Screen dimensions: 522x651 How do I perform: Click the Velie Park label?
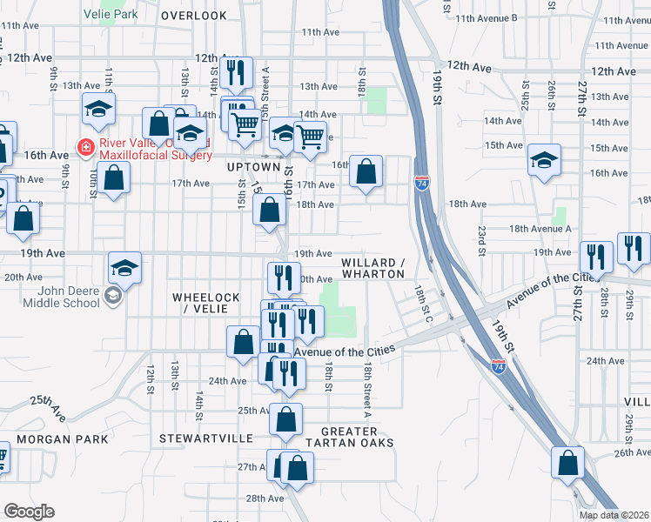(111, 15)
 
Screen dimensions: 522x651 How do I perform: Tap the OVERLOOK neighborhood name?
(194, 16)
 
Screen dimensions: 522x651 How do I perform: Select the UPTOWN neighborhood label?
(254, 166)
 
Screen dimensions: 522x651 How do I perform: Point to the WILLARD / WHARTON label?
(372, 268)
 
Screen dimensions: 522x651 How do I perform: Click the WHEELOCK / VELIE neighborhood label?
(205, 303)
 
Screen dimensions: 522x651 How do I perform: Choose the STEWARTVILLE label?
(205, 439)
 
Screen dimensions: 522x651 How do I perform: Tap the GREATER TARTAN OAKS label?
(357, 437)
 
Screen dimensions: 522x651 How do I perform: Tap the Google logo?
(29, 512)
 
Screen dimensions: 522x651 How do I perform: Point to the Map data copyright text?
(614, 515)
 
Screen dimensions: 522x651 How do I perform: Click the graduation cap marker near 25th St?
(544, 160)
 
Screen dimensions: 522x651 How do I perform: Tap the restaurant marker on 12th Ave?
(234, 71)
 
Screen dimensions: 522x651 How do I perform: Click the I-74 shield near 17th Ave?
(421, 184)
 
